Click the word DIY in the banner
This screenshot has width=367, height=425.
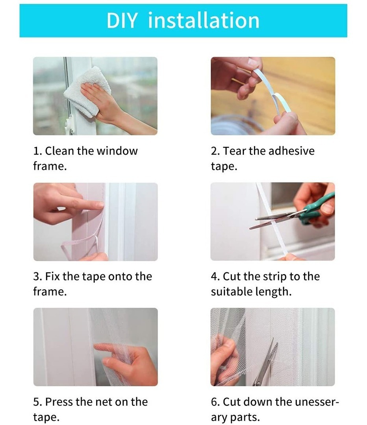122,20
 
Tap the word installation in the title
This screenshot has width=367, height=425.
204,20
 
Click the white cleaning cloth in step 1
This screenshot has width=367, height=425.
87,91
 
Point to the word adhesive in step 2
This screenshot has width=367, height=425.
292,151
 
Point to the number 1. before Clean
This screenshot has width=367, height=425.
37,151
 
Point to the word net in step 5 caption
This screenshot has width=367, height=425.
104,402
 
